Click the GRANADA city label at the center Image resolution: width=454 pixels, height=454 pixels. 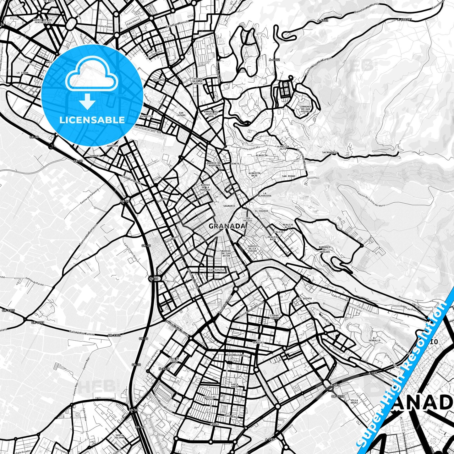pos(227,226)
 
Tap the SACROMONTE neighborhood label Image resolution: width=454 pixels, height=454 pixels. pos(330,152)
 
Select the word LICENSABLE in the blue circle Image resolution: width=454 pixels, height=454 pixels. pos(92,120)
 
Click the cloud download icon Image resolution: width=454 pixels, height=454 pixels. pos(91,83)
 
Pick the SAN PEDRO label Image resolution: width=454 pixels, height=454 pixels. pos(288,176)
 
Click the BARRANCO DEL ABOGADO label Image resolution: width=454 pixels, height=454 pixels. pos(325,249)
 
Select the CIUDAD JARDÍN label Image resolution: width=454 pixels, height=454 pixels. pos(274,317)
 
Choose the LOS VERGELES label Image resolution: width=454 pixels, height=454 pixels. pos(260,341)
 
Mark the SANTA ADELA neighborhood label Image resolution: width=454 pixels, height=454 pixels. pos(234,386)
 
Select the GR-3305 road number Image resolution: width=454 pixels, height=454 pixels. pos(8,310)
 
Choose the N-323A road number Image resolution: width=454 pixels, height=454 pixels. pos(164,369)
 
